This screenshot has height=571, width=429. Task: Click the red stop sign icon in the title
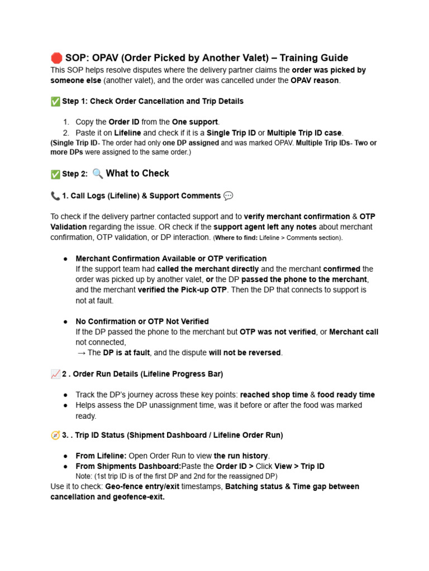[x=56, y=58]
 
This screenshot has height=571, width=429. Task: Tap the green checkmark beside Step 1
[x=55, y=101]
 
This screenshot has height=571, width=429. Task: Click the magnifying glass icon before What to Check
[x=98, y=173]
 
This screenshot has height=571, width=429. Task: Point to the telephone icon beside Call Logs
[x=55, y=196]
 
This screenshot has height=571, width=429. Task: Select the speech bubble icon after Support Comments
[x=228, y=196]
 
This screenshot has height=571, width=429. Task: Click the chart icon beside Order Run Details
[x=55, y=374]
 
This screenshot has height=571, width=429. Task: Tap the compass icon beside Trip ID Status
[x=55, y=435]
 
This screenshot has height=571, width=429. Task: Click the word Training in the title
[x=302, y=58]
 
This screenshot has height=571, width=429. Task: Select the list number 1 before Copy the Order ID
[x=66, y=122]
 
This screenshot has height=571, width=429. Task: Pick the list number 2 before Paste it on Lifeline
[x=66, y=133]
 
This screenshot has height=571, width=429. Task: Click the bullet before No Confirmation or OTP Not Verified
[x=65, y=321]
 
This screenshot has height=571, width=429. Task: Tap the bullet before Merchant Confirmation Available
[x=65, y=259]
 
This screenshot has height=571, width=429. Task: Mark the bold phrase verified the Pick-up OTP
[x=182, y=290]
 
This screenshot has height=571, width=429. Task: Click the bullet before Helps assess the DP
[x=65, y=405]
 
